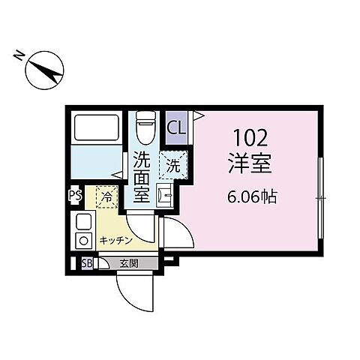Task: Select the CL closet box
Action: [178, 127]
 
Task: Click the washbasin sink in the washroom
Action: [167, 197]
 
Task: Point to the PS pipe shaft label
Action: [74, 196]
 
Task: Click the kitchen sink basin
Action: [83, 222]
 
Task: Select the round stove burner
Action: [83, 241]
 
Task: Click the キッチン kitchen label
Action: [115, 240]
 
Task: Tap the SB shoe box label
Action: [86, 263]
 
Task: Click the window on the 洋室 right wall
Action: [321, 197]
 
